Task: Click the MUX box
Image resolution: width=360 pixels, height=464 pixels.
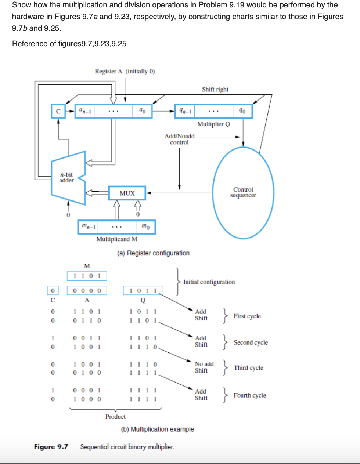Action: (127, 193)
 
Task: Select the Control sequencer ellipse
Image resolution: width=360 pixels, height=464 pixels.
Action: (243, 192)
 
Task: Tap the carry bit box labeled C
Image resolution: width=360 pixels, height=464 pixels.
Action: (58, 111)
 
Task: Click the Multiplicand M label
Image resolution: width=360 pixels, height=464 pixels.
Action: (117, 239)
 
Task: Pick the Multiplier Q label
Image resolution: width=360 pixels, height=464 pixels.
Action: (213, 124)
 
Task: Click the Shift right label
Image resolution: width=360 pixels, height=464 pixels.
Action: (215, 89)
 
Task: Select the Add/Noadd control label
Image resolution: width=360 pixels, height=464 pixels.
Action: (179, 139)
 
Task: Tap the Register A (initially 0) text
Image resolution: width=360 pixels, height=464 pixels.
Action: (125, 71)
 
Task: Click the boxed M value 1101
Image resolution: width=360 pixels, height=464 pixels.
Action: (87, 276)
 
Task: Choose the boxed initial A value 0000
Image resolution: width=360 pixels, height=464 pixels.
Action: (87, 291)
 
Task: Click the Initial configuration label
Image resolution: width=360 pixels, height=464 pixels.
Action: (209, 282)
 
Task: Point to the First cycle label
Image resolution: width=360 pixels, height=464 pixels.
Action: (247, 316)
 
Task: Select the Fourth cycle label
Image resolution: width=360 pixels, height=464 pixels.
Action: (250, 395)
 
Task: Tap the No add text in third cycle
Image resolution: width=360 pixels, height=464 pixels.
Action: (204, 364)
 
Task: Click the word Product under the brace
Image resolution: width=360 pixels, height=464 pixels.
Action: (115, 417)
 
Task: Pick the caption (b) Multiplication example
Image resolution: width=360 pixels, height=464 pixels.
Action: (158, 429)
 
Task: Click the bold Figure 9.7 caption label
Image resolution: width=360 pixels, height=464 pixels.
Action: (51, 447)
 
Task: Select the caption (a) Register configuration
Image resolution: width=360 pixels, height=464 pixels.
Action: (153, 253)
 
